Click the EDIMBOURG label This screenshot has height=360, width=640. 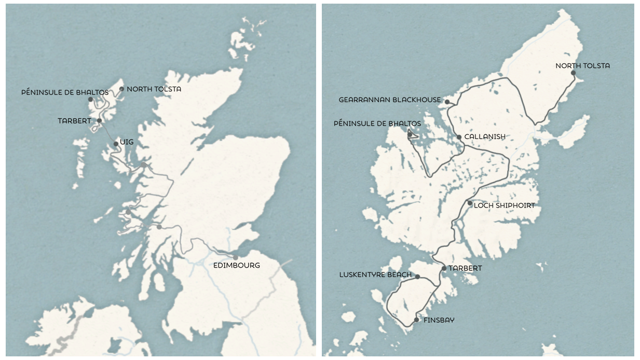click(x=237, y=265)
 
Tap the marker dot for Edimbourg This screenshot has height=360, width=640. click(x=236, y=257)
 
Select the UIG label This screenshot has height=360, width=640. click(x=127, y=141)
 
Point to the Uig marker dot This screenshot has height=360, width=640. click(x=116, y=144)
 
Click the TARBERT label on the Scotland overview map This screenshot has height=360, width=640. click(x=74, y=121)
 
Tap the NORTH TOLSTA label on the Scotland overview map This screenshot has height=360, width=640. click(x=154, y=89)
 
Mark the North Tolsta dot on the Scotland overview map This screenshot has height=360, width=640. click(x=121, y=89)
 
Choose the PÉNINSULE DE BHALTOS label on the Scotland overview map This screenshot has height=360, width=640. click(x=65, y=92)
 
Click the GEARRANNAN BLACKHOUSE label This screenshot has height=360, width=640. click(x=390, y=100)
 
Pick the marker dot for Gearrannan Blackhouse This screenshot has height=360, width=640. click(x=447, y=102)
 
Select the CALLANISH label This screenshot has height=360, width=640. click(x=485, y=136)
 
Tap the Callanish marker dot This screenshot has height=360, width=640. click(x=459, y=137)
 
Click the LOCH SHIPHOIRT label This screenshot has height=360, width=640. click(x=504, y=205)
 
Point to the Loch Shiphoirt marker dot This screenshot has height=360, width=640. click(x=470, y=203)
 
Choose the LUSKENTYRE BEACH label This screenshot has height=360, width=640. click(x=375, y=274)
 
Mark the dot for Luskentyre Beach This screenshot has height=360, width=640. click(x=417, y=276)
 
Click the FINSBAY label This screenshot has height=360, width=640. click(x=439, y=320)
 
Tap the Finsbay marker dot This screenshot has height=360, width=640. click(x=416, y=320)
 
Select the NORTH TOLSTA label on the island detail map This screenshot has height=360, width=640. click(x=582, y=66)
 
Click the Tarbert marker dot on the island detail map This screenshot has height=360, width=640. click(x=444, y=268)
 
